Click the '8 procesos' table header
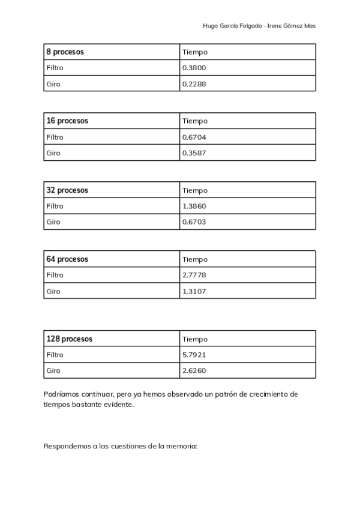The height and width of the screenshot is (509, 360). [65, 52]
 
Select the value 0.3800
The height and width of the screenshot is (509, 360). [194, 68]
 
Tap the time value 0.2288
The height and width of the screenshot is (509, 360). [194, 84]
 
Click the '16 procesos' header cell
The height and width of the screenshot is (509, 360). [67, 121]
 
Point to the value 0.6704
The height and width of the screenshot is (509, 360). [194, 137]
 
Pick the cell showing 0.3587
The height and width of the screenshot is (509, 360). [194, 153]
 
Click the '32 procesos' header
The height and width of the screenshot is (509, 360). [67, 190]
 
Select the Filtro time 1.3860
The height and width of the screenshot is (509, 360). [194, 206]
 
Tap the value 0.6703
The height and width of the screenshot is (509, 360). [194, 222]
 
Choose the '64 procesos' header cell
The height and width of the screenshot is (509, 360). [67, 259]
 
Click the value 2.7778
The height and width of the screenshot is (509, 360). [194, 276]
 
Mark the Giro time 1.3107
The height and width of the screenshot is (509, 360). [194, 292]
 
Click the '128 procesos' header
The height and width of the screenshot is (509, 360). [69, 339]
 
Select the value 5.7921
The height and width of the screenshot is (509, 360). [194, 355]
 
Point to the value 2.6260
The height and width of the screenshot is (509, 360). [194, 371]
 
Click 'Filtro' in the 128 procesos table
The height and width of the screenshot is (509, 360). [55, 355]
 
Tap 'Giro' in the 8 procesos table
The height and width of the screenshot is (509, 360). [53, 84]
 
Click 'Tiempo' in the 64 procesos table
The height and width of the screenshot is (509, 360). [194, 260]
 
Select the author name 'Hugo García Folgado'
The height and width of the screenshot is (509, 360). [232, 26]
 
